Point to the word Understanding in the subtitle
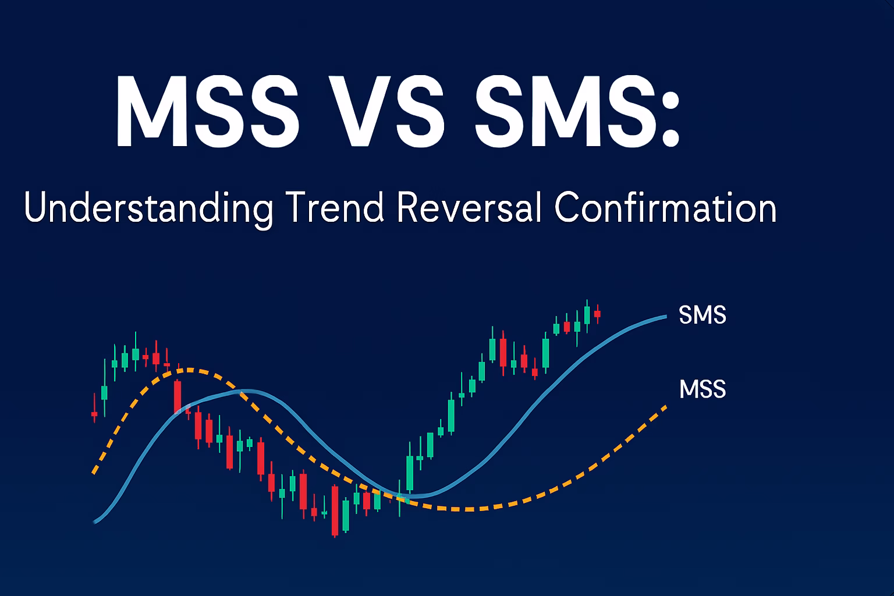(148, 208)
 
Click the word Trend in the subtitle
(335, 207)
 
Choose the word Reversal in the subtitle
(469, 207)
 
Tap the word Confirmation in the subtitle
(665, 207)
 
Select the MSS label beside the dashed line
(703, 389)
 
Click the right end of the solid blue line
(666, 317)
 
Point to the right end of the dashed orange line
(666, 406)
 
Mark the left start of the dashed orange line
(93, 473)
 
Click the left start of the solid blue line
(95, 521)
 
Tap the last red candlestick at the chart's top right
(598, 314)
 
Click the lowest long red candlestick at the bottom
(335, 510)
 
